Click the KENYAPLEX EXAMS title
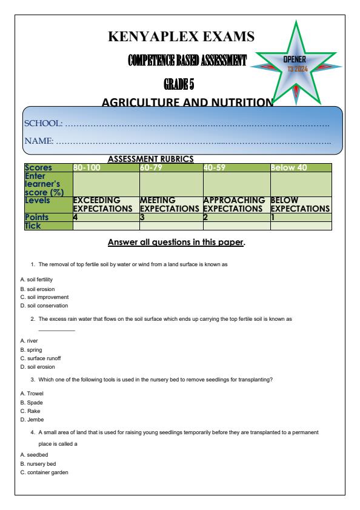point(180,37)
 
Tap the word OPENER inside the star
point(296,60)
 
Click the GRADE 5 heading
point(179,82)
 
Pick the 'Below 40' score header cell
point(290,167)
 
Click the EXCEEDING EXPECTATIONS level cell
point(97,204)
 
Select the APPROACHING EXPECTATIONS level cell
point(235,204)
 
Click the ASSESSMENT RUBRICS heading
point(150,158)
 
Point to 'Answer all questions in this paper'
point(176,243)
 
